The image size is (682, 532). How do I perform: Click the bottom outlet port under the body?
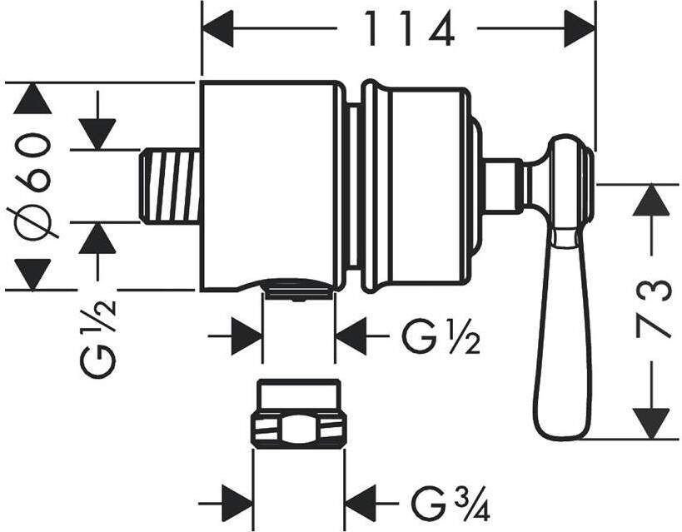tap(298, 289)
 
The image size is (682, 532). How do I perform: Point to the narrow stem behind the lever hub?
tap(503, 185)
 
